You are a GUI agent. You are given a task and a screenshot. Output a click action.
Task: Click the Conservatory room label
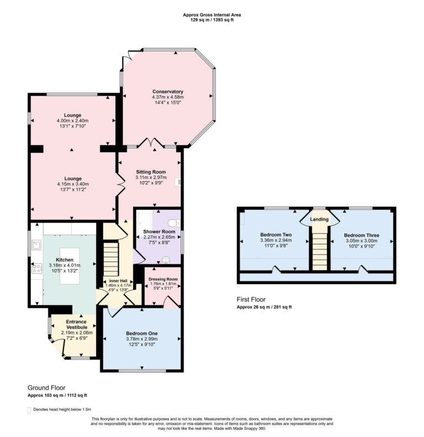[167, 92]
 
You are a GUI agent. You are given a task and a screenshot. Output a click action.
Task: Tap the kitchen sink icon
[36, 243]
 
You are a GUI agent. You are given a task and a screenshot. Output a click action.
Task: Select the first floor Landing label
[319, 219]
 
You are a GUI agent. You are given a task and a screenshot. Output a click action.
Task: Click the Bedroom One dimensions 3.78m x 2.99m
[142, 339]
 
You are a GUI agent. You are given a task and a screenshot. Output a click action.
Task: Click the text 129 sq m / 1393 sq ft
[212, 20]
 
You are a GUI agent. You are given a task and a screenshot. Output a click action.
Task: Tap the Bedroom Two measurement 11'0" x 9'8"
[275, 247]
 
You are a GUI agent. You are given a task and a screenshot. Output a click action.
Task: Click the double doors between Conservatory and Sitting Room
[150, 145]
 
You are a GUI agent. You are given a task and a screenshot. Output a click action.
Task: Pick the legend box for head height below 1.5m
[30, 410]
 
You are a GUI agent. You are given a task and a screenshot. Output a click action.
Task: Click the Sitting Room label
[151, 172]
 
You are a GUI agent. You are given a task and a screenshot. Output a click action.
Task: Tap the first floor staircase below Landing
[319, 248]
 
